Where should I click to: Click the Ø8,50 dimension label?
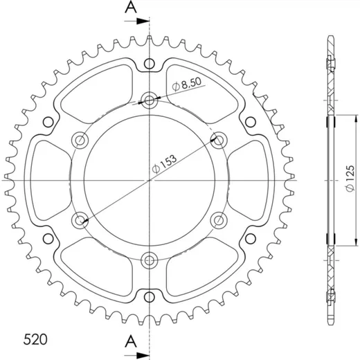click(187, 84)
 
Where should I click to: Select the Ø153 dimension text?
click(164, 163)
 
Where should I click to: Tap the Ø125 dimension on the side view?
click(350, 178)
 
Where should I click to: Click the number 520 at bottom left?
click(35, 339)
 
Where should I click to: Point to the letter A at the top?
click(131, 7)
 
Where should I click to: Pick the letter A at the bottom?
click(131, 341)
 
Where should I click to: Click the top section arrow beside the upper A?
click(136, 21)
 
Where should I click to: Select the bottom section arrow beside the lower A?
click(136, 355)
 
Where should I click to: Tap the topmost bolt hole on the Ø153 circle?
click(150, 100)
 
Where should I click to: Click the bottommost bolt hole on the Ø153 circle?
click(150, 260)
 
